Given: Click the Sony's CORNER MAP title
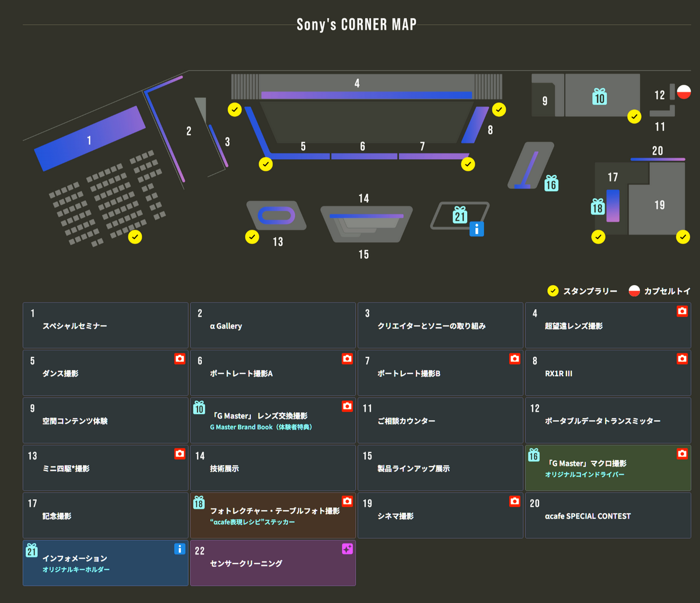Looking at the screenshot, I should pyautogui.click(x=356, y=24).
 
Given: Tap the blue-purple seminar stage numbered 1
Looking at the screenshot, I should pyautogui.click(x=89, y=139).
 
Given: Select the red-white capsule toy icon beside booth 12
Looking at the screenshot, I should pyautogui.click(x=684, y=92).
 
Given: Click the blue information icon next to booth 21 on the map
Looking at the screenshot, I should pyautogui.click(x=477, y=229).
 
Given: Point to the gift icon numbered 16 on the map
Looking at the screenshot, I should pyautogui.click(x=551, y=184).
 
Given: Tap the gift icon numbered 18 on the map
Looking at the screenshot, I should pyautogui.click(x=598, y=206).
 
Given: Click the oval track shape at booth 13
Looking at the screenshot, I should pyautogui.click(x=276, y=215).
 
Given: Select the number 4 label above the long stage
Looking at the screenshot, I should pyautogui.click(x=357, y=83).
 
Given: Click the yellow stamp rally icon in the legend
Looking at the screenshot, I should pyautogui.click(x=553, y=291).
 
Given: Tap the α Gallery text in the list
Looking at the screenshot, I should pyautogui.click(x=226, y=326).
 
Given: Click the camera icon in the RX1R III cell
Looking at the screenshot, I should pyautogui.click(x=682, y=359).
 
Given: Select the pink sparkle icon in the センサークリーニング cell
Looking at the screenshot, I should pyautogui.click(x=347, y=549).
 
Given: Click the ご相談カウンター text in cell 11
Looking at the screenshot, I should pyautogui.click(x=406, y=421).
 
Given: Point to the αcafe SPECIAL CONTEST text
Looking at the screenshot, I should pyautogui.click(x=587, y=516).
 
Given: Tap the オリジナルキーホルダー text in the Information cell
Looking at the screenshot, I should pyautogui.click(x=76, y=569).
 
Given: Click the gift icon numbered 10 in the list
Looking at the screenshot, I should pyautogui.click(x=199, y=408).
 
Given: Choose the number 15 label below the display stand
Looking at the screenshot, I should pyautogui.click(x=364, y=254).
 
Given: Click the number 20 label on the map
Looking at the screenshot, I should pyautogui.click(x=657, y=151).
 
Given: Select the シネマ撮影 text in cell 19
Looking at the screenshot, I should pyautogui.click(x=395, y=516).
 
